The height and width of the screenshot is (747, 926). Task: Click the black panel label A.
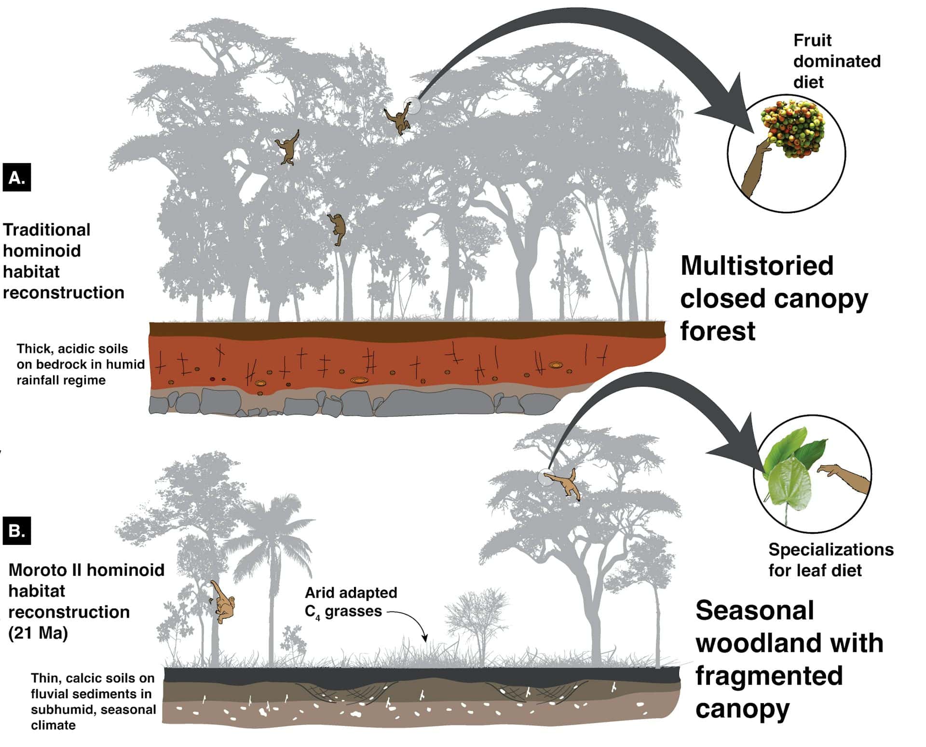tap(16, 178)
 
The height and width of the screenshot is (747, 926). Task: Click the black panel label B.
tap(16, 531)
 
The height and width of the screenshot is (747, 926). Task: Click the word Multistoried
tap(756, 266)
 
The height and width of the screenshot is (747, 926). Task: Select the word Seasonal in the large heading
tap(754, 610)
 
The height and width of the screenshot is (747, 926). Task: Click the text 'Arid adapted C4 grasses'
tap(351, 602)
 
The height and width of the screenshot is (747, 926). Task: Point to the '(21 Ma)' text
tap(38, 633)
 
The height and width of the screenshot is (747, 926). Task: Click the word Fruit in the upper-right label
tap(812, 40)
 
